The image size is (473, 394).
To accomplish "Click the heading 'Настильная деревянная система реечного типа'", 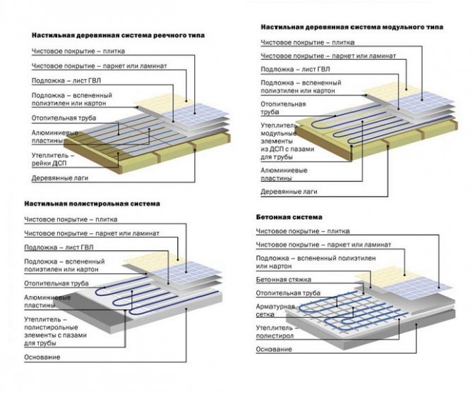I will [x=112, y=35].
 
